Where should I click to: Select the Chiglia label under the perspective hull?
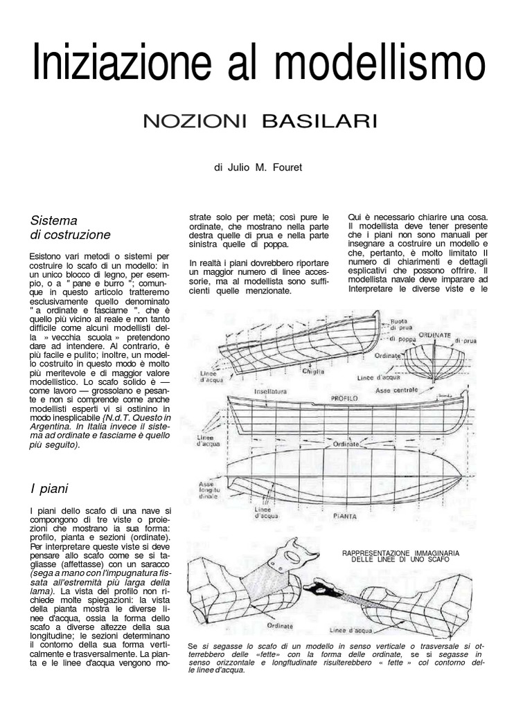point(315,372)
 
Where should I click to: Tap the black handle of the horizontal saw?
point(319,589)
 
